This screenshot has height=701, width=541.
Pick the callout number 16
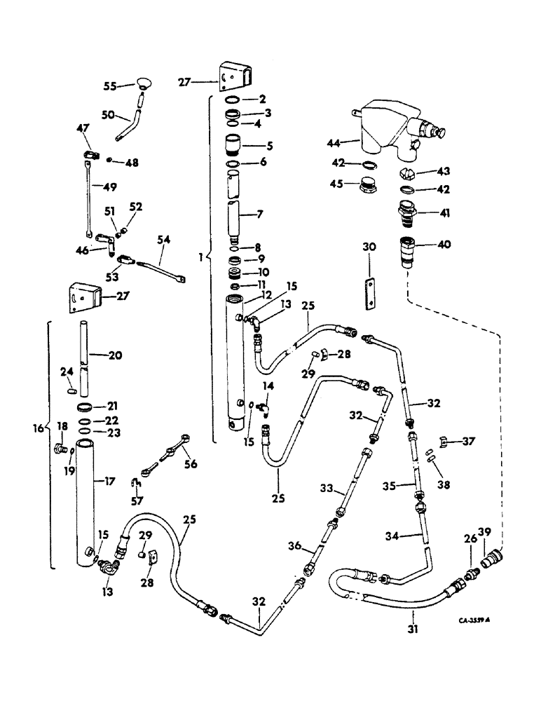point(39,427)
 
